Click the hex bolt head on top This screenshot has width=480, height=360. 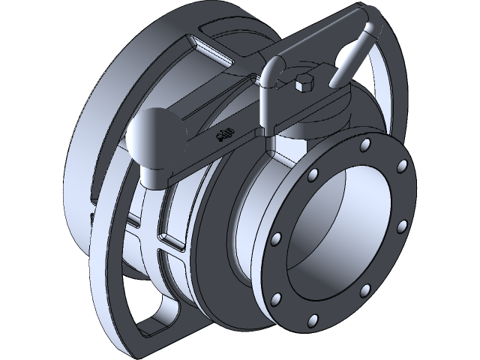coord(302,84)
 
